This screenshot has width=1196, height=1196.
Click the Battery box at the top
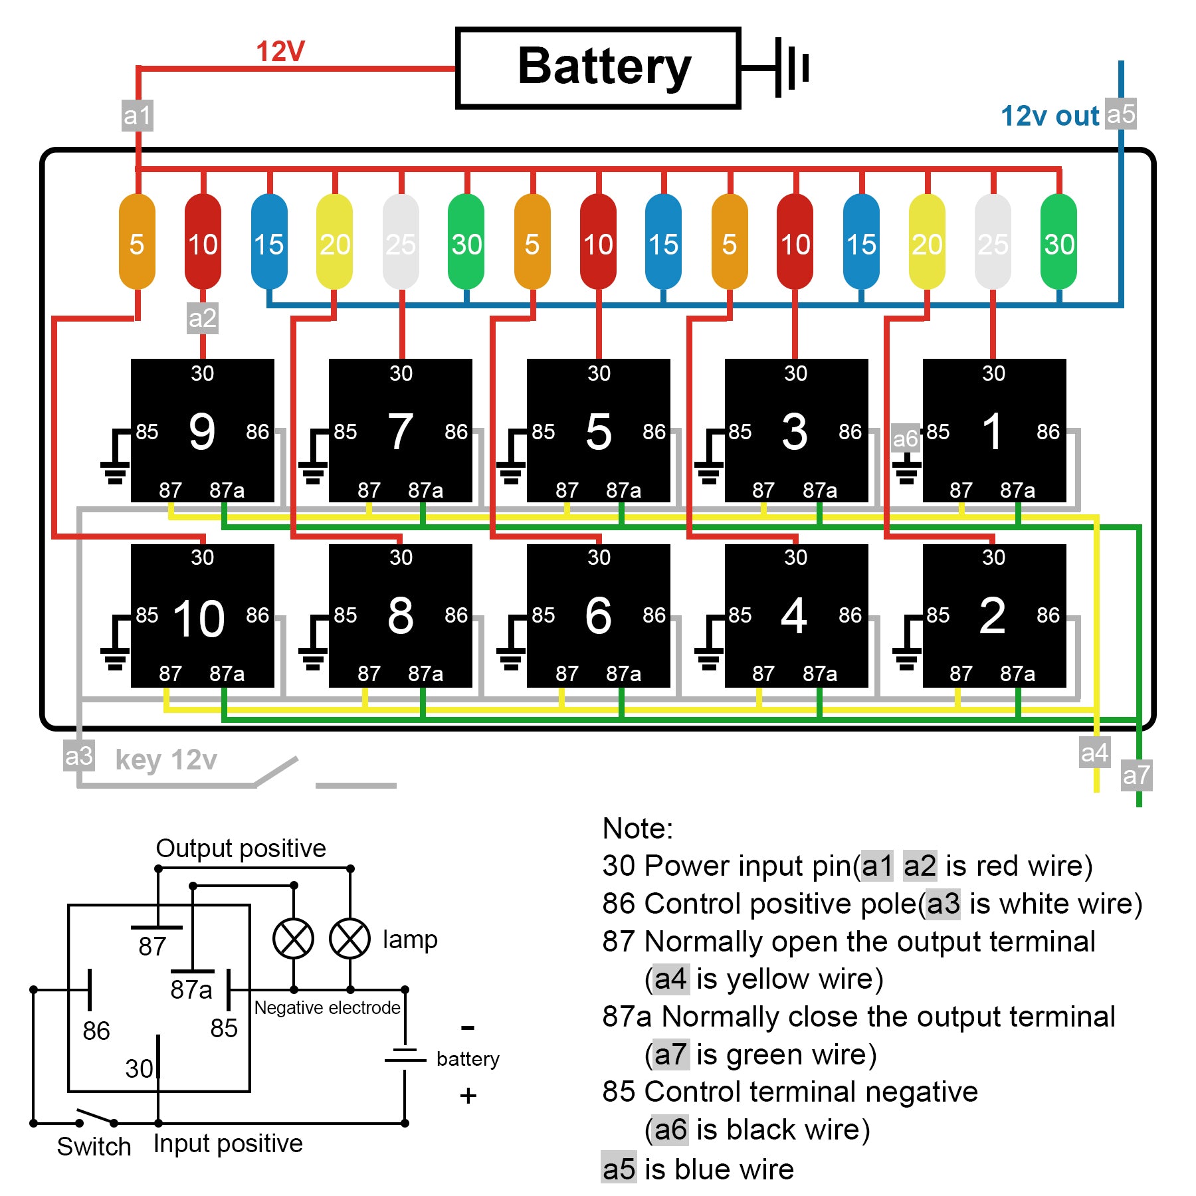click(x=598, y=68)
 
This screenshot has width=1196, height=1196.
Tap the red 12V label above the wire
click(x=280, y=52)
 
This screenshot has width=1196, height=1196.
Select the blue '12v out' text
click(x=1050, y=116)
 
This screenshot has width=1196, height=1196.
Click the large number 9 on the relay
click(x=202, y=432)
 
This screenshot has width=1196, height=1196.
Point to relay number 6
click(x=598, y=616)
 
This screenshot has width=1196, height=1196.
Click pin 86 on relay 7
click(x=456, y=432)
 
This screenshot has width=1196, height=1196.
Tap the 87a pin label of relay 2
click(x=1017, y=674)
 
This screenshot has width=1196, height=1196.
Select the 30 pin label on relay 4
click(x=795, y=557)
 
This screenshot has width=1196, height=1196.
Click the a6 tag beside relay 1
click(x=905, y=439)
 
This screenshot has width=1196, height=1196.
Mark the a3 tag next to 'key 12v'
click(x=79, y=756)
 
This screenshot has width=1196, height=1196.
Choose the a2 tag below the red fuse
click(x=202, y=318)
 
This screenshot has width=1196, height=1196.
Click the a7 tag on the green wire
click(x=1136, y=775)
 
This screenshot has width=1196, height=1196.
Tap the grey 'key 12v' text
click(x=166, y=759)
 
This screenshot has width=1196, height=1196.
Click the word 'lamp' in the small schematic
click(x=410, y=939)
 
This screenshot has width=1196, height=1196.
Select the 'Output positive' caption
click(x=241, y=848)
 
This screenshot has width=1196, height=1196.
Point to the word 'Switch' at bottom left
click(x=94, y=1146)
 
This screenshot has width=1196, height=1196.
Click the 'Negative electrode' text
click(x=328, y=1008)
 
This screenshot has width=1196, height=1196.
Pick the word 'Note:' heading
click(x=637, y=829)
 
